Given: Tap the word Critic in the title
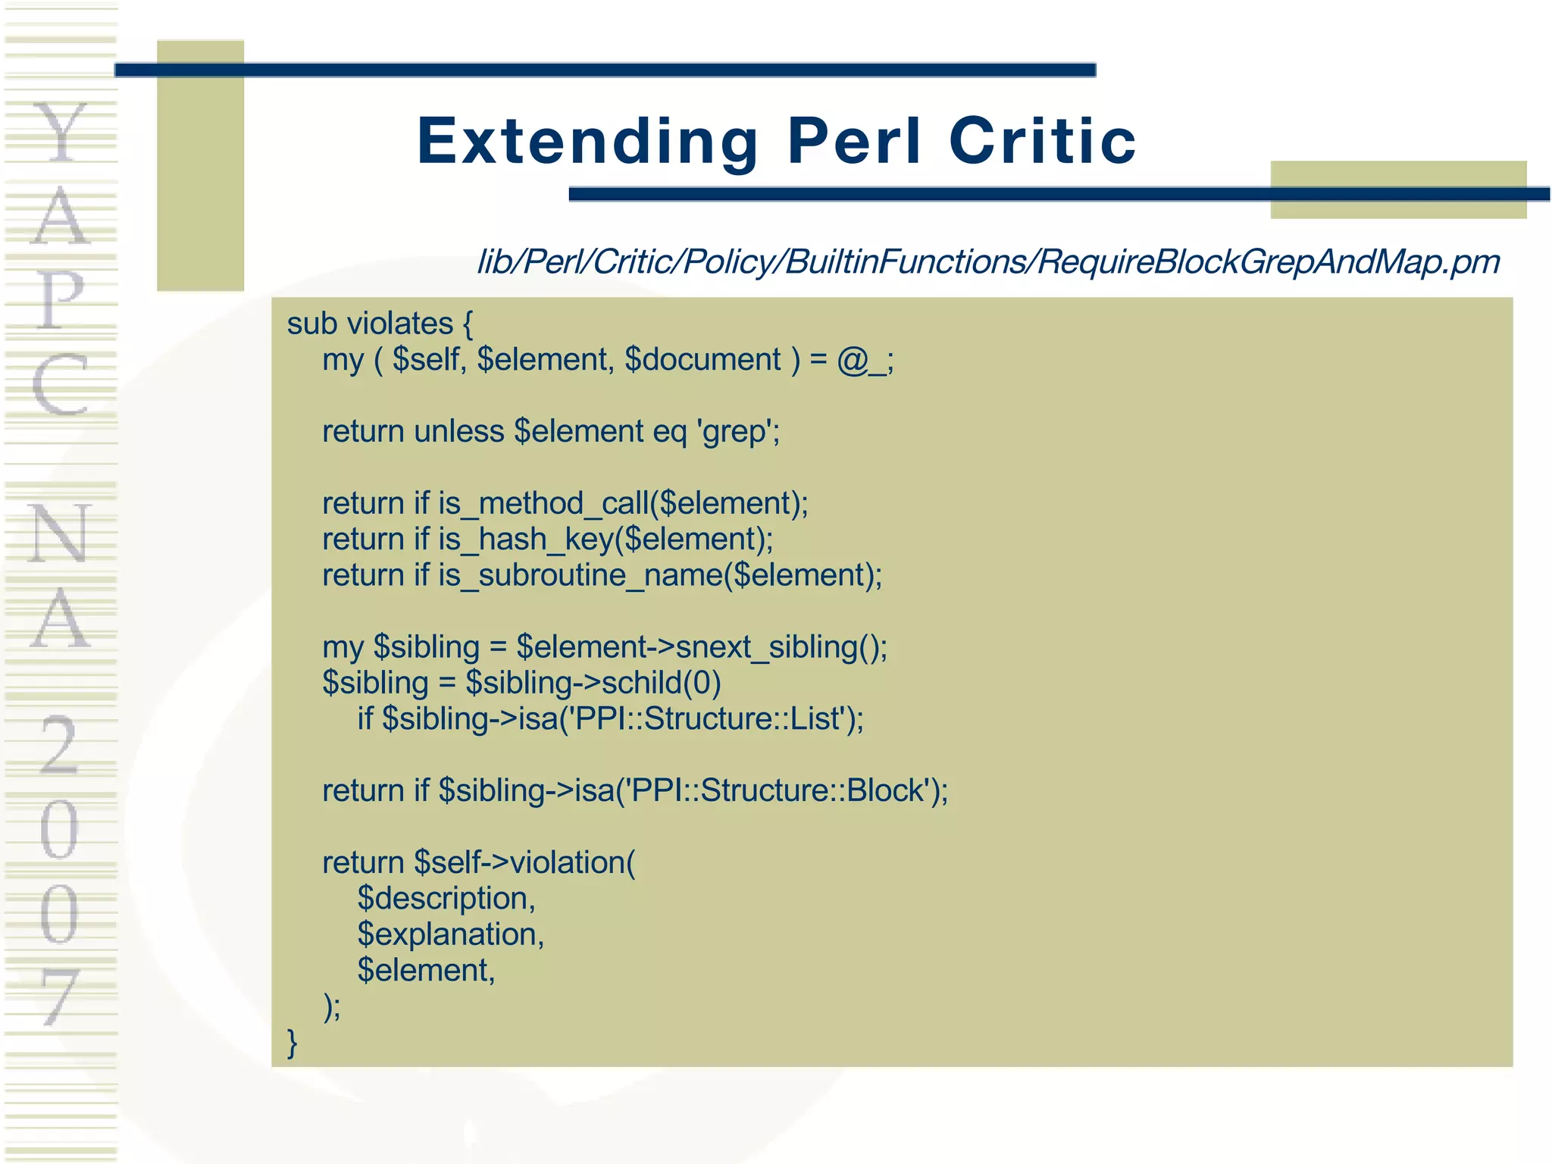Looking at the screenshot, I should point(1042,142).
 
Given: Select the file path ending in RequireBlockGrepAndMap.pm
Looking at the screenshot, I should point(988,262).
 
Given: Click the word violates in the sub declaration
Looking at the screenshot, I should point(399,324).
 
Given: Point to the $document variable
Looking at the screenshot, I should point(702,359).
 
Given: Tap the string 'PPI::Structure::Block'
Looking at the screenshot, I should point(779,790).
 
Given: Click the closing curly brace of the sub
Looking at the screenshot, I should point(293,1043).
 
